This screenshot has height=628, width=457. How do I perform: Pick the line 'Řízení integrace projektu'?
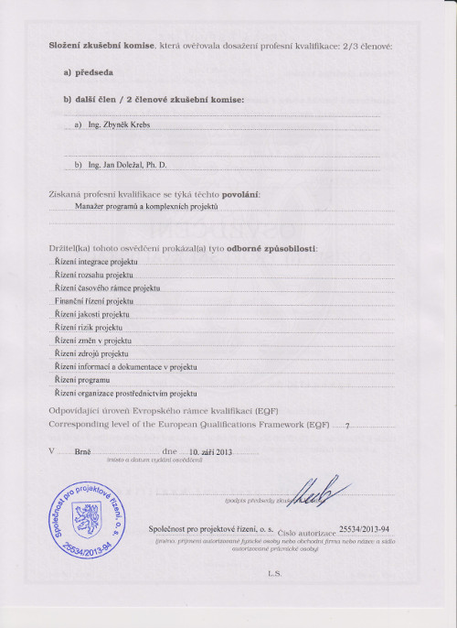pyautogui.click(x=96, y=262)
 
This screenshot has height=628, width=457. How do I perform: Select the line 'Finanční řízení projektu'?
pyautogui.click(x=94, y=300)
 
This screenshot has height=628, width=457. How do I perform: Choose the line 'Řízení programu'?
pyautogui.click(x=83, y=379)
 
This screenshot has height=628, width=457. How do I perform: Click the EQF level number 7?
pyautogui.click(x=346, y=426)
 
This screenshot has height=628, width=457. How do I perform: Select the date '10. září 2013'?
pyautogui.click(x=212, y=452)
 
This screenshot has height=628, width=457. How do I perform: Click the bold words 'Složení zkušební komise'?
pyautogui.click(x=101, y=45)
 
